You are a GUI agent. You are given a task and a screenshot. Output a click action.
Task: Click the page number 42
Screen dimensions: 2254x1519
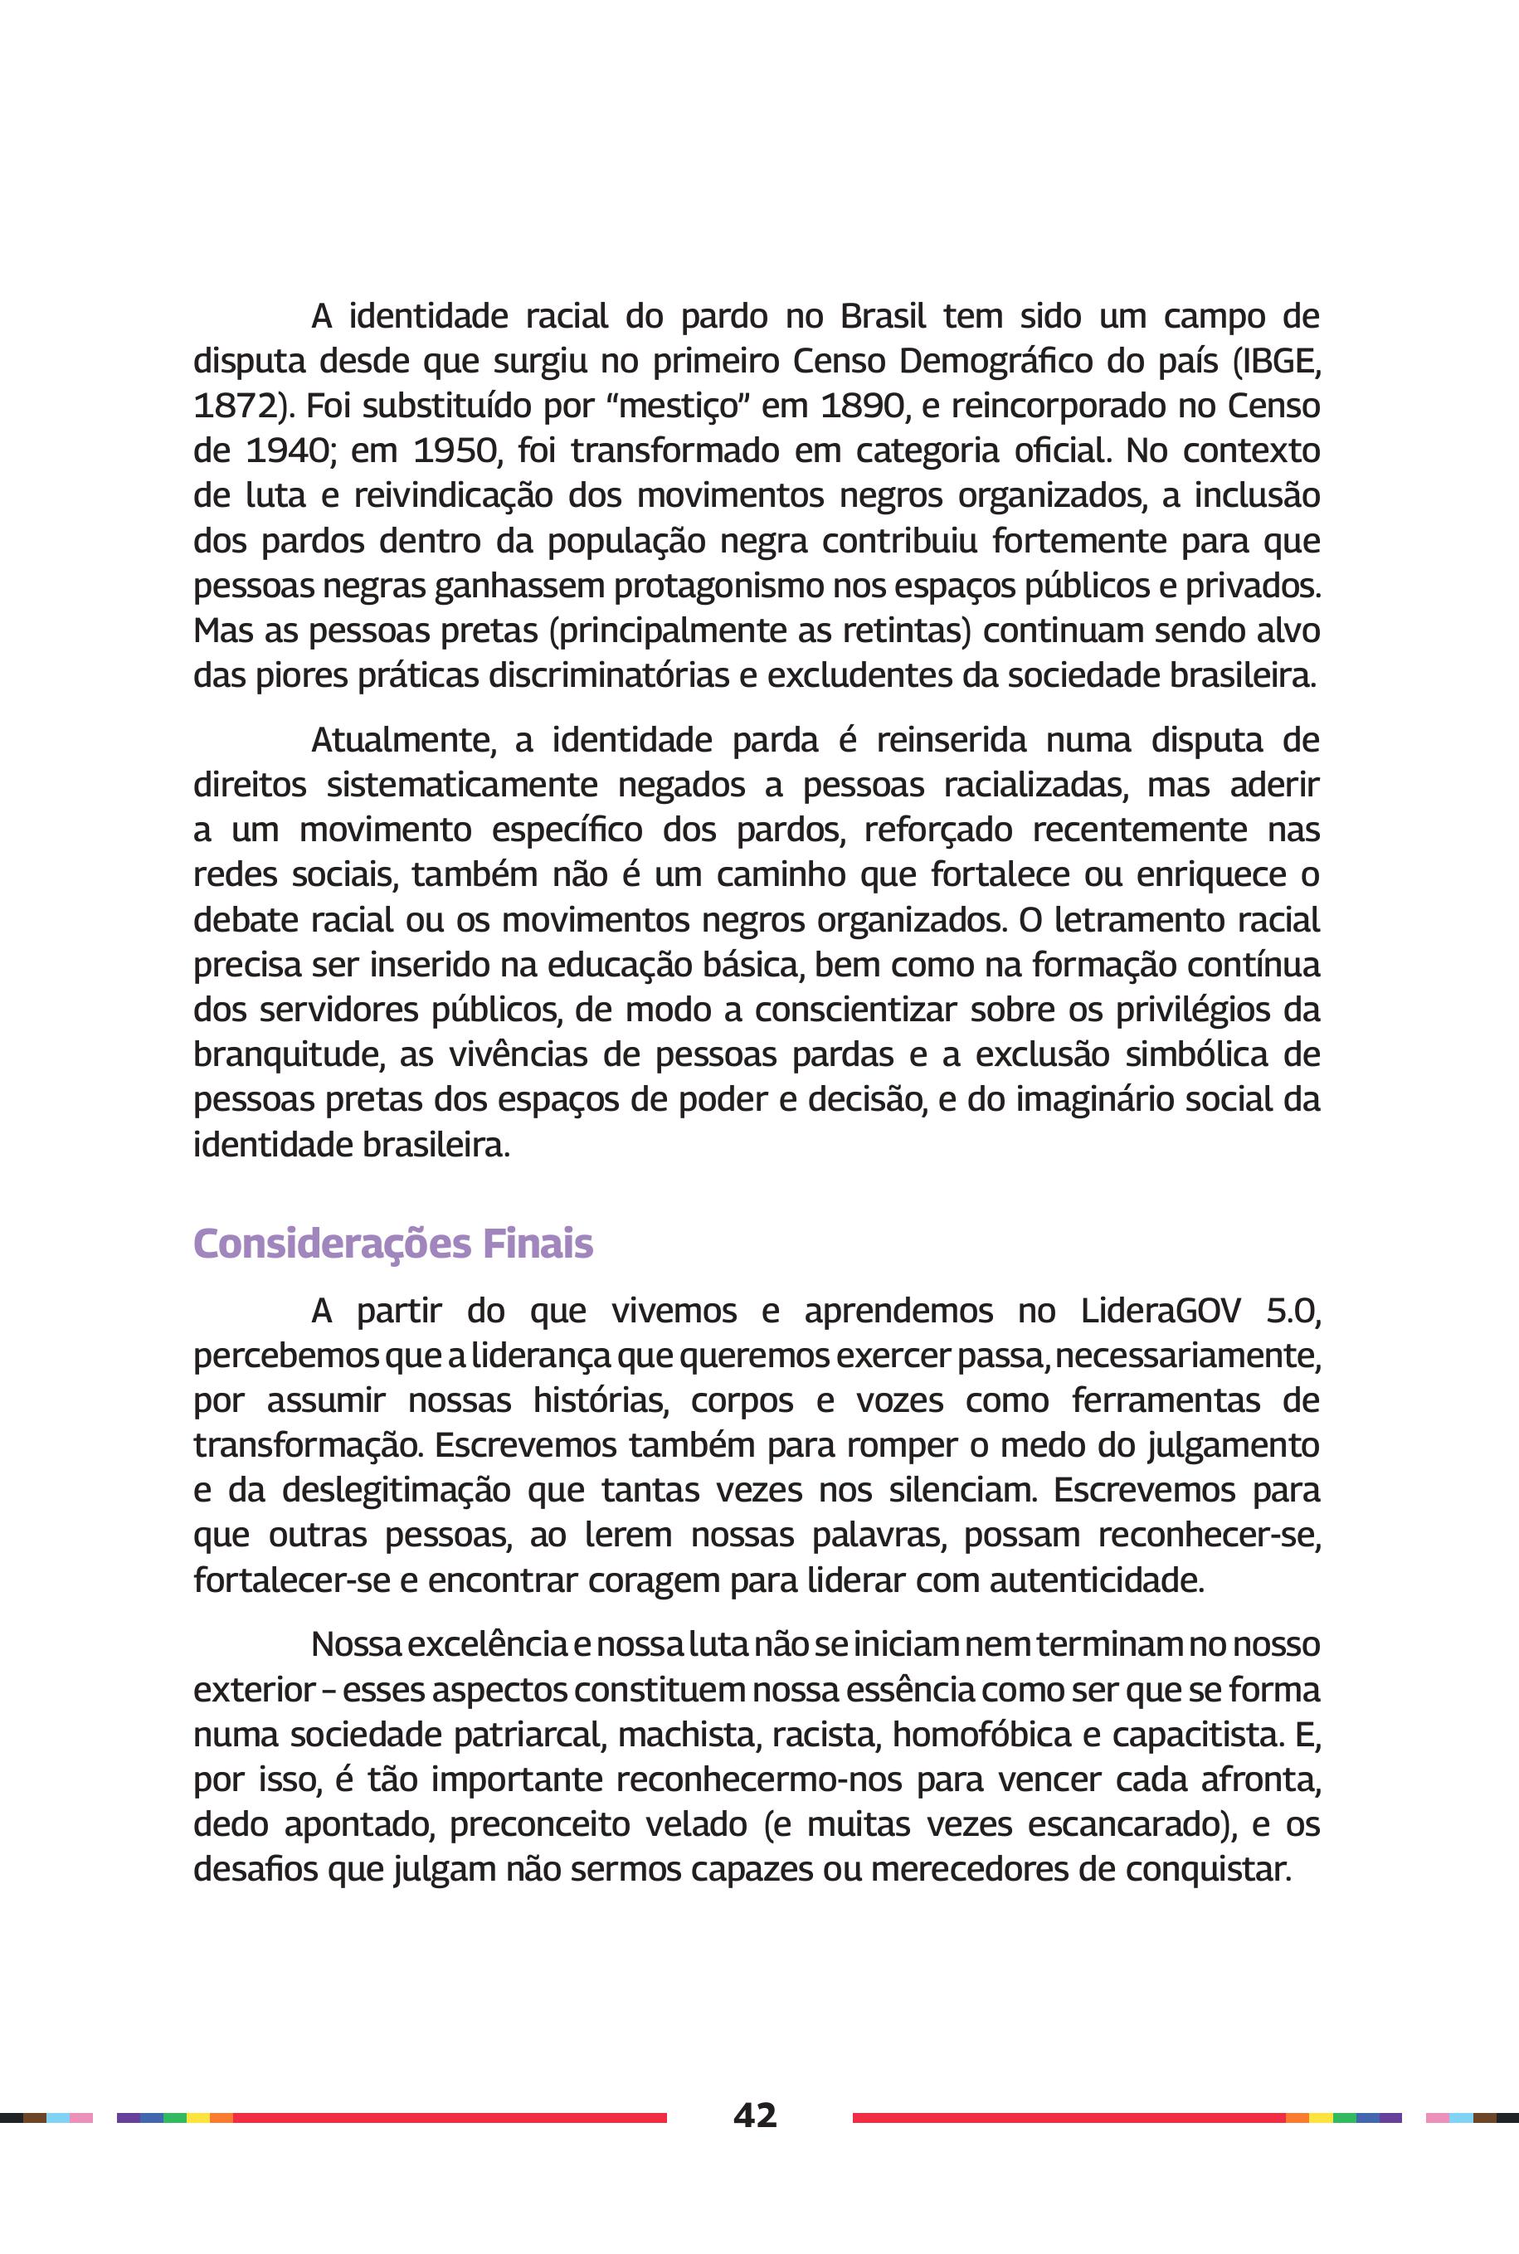pos(755,2115)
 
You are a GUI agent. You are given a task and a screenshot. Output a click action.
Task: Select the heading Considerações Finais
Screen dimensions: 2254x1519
pos(392,1244)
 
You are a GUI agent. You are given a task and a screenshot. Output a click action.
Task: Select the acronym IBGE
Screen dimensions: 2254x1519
pos(1281,362)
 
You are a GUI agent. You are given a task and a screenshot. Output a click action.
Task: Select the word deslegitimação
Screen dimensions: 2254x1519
pos(397,1491)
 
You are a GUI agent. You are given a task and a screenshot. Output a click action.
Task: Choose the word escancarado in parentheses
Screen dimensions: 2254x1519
pos(1126,1825)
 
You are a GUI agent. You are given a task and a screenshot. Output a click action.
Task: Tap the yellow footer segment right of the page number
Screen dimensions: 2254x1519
pos(1321,2117)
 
